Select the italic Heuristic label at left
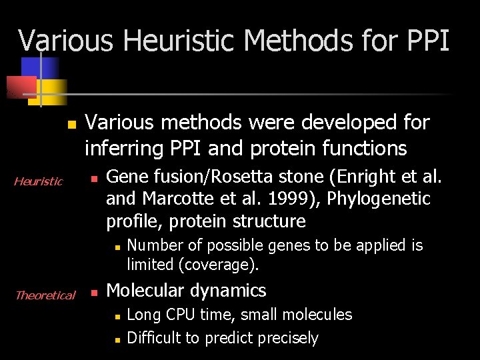[39, 181]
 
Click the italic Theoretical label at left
[45, 295]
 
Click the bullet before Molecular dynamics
[94, 292]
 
